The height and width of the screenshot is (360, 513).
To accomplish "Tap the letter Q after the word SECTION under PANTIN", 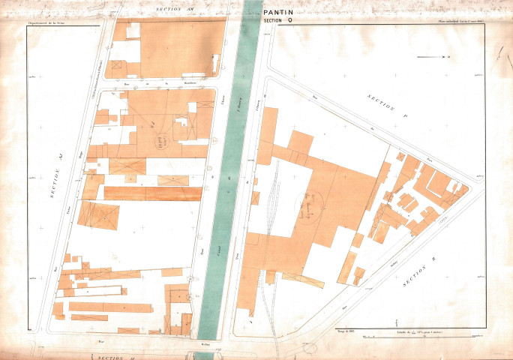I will (x=290, y=21).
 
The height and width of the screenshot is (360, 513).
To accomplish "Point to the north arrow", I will (x=434, y=57).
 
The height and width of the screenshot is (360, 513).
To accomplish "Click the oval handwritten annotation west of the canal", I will (x=162, y=139).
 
